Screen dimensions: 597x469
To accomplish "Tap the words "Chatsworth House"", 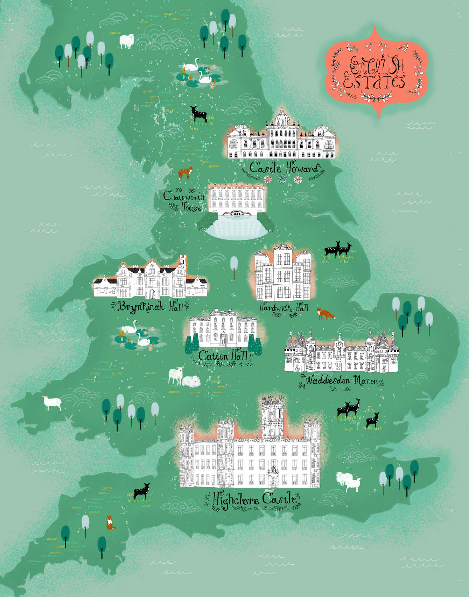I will pos(183,201).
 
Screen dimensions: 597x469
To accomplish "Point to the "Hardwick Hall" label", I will pos(284,308).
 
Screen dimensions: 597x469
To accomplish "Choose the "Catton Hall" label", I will pos(223,355).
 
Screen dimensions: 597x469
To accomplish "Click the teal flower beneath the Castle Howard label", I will pos(282,179).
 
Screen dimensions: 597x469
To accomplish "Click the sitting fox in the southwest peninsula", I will pos(110,523).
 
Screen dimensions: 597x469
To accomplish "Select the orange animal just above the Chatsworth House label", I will pos(185,172).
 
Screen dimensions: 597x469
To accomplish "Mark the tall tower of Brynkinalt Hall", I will pos(182,265).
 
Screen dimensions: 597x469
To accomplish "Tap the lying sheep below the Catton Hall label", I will pos(192,381).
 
